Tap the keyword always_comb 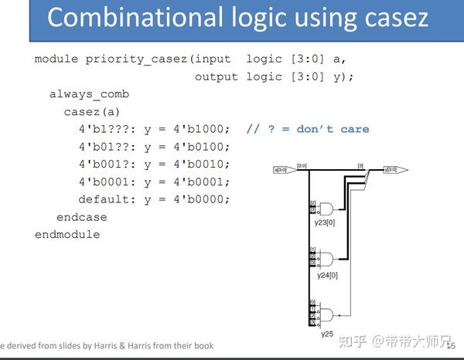[x=89, y=94]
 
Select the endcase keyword [x=81, y=217]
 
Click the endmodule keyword [x=67, y=234]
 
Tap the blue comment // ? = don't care [x=307, y=129]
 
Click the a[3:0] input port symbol [x=282, y=170]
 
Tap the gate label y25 [x=328, y=335]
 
